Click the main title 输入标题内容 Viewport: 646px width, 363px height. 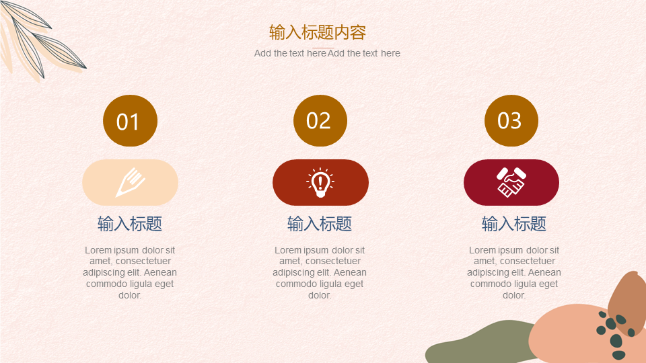(x=318, y=32)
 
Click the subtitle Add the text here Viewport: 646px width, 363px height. (x=327, y=53)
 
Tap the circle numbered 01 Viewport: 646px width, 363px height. (x=130, y=120)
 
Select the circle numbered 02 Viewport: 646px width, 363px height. (x=320, y=120)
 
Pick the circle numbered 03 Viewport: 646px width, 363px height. (x=511, y=120)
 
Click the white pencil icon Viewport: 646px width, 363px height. (x=130, y=182)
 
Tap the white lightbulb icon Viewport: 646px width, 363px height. (x=320, y=182)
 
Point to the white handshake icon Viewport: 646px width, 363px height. (x=511, y=182)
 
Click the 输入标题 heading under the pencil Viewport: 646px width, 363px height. (x=130, y=224)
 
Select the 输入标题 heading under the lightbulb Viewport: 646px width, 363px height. (x=320, y=224)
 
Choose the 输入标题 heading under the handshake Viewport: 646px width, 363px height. (x=514, y=224)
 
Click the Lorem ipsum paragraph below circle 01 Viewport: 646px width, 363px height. (x=130, y=272)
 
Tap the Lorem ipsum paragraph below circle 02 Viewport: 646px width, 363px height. (x=320, y=272)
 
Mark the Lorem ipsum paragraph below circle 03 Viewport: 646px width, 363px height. (x=514, y=272)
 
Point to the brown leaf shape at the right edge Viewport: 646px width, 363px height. (x=627, y=302)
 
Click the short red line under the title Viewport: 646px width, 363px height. (x=324, y=48)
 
